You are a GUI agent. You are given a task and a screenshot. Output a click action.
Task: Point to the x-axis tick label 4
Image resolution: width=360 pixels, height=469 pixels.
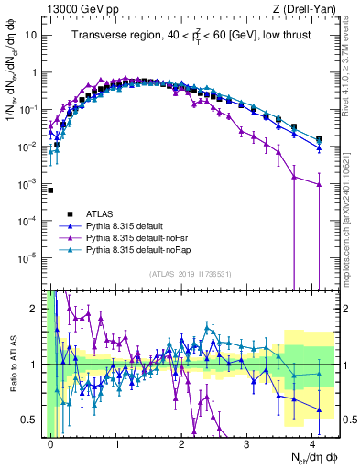click(x=312, y=443)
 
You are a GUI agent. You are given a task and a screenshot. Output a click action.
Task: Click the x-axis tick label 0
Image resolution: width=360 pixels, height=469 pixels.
click(x=50, y=443)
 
